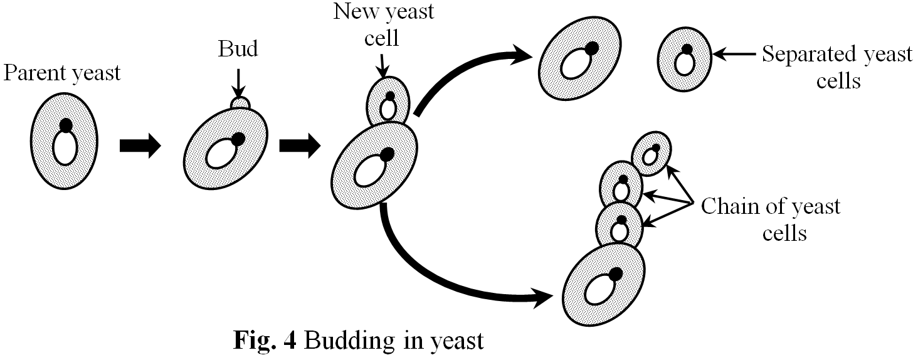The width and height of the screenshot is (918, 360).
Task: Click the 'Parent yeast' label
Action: [x=61, y=74]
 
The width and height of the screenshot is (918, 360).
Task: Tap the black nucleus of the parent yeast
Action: [x=65, y=126]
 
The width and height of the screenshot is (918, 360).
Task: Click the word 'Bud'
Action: [x=238, y=50]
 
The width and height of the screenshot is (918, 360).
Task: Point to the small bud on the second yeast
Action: [x=239, y=102]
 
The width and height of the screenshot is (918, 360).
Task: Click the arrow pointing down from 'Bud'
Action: [x=238, y=79]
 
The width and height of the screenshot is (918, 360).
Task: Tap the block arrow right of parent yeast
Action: [x=139, y=146]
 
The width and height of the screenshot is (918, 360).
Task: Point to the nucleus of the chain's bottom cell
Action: [x=615, y=274]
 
